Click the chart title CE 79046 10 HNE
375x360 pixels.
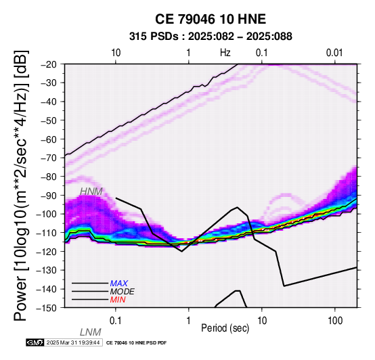pyautogui.click(x=211, y=19)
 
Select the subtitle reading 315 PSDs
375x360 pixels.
pyautogui.click(x=154, y=37)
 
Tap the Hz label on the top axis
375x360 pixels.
pyautogui.click(x=225, y=52)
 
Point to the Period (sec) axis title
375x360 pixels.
pyautogui.click(x=225, y=328)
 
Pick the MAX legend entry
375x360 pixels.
pyautogui.click(x=119, y=284)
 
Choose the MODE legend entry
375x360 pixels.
pyautogui.click(x=123, y=292)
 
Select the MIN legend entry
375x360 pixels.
pyautogui.click(x=118, y=300)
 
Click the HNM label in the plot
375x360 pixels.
pyautogui.click(x=91, y=192)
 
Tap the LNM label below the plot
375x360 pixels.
pyautogui.click(x=91, y=332)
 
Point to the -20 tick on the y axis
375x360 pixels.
pyautogui.click(x=49, y=64)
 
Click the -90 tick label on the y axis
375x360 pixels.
pyautogui.click(x=49, y=196)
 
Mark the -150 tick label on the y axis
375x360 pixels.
pyautogui.click(x=47, y=308)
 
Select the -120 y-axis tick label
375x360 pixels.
pyautogui.click(x=47, y=252)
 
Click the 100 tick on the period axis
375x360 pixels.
pyautogui.click(x=335, y=321)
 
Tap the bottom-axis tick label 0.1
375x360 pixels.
pyautogui.click(x=116, y=321)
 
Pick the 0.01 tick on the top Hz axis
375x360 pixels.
pyautogui.click(x=334, y=53)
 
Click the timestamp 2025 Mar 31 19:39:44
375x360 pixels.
pyautogui.click(x=73, y=342)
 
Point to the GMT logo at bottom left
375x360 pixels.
pyautogui.click(x=35, y=342)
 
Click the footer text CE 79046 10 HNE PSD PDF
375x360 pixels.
pyautogui.click(x=136, y=343)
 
